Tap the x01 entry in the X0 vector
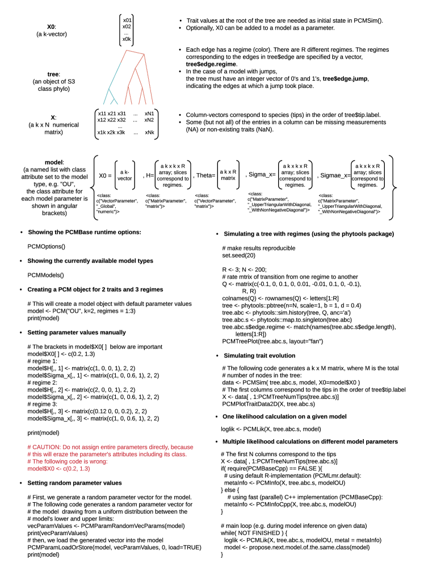(x=127, y=20)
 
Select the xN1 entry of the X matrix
(x=149, y=113)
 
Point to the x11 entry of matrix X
(x=102, y=113)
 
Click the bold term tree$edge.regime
(x=211, y=64)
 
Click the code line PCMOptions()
(x=47, y=247)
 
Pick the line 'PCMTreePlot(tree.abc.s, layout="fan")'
(x=272, y=341)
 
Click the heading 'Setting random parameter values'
(x=74, y=482)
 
